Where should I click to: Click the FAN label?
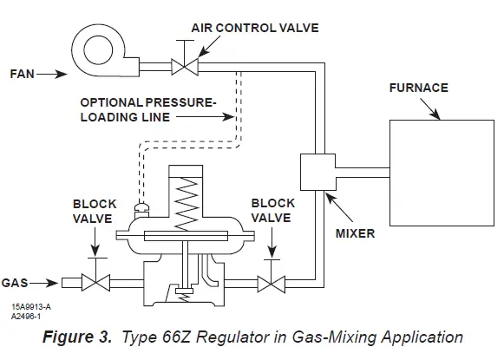click(x=21, y=75)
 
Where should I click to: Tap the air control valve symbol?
click(x=184, y=65)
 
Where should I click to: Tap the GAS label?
click(x=20, y=283)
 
